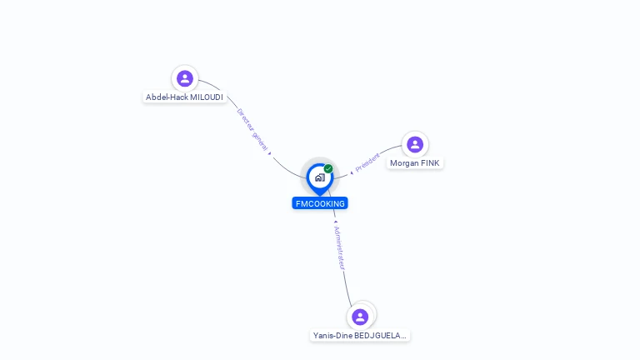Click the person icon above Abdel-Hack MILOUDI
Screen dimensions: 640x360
pos(185,78)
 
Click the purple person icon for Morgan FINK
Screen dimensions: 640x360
pos(415,144)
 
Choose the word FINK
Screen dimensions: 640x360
pos(430,163)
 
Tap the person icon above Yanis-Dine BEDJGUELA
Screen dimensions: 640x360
pos(360,317)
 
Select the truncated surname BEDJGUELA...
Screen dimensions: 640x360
pos(380,336)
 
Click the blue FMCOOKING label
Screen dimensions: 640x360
pos(320,203)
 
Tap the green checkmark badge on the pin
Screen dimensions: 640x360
pos(328,168)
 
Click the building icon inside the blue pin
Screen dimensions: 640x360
pos(320,177)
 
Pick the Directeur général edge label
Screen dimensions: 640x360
pos(252,129)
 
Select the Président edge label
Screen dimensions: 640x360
pos(367,162)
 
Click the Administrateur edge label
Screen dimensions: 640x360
pos(340,247)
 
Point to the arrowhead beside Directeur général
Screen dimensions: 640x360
pos(269,153)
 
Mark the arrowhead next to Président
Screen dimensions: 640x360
pos(352,173)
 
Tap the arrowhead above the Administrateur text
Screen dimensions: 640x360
pos(336,222)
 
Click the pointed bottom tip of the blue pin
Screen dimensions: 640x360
pos(320,196)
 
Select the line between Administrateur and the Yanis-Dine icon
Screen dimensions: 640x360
pos(347,289)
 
